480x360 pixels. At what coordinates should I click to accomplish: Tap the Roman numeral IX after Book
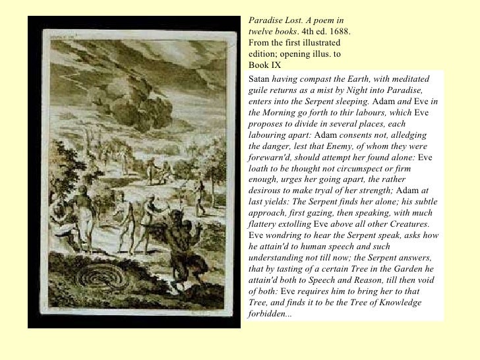click(x=274, y=65)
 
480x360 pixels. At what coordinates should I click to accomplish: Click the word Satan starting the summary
click(x=259, y=78)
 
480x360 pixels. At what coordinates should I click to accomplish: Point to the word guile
click(x=259, y=90)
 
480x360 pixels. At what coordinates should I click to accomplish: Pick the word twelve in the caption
click(x=261, y=31)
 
